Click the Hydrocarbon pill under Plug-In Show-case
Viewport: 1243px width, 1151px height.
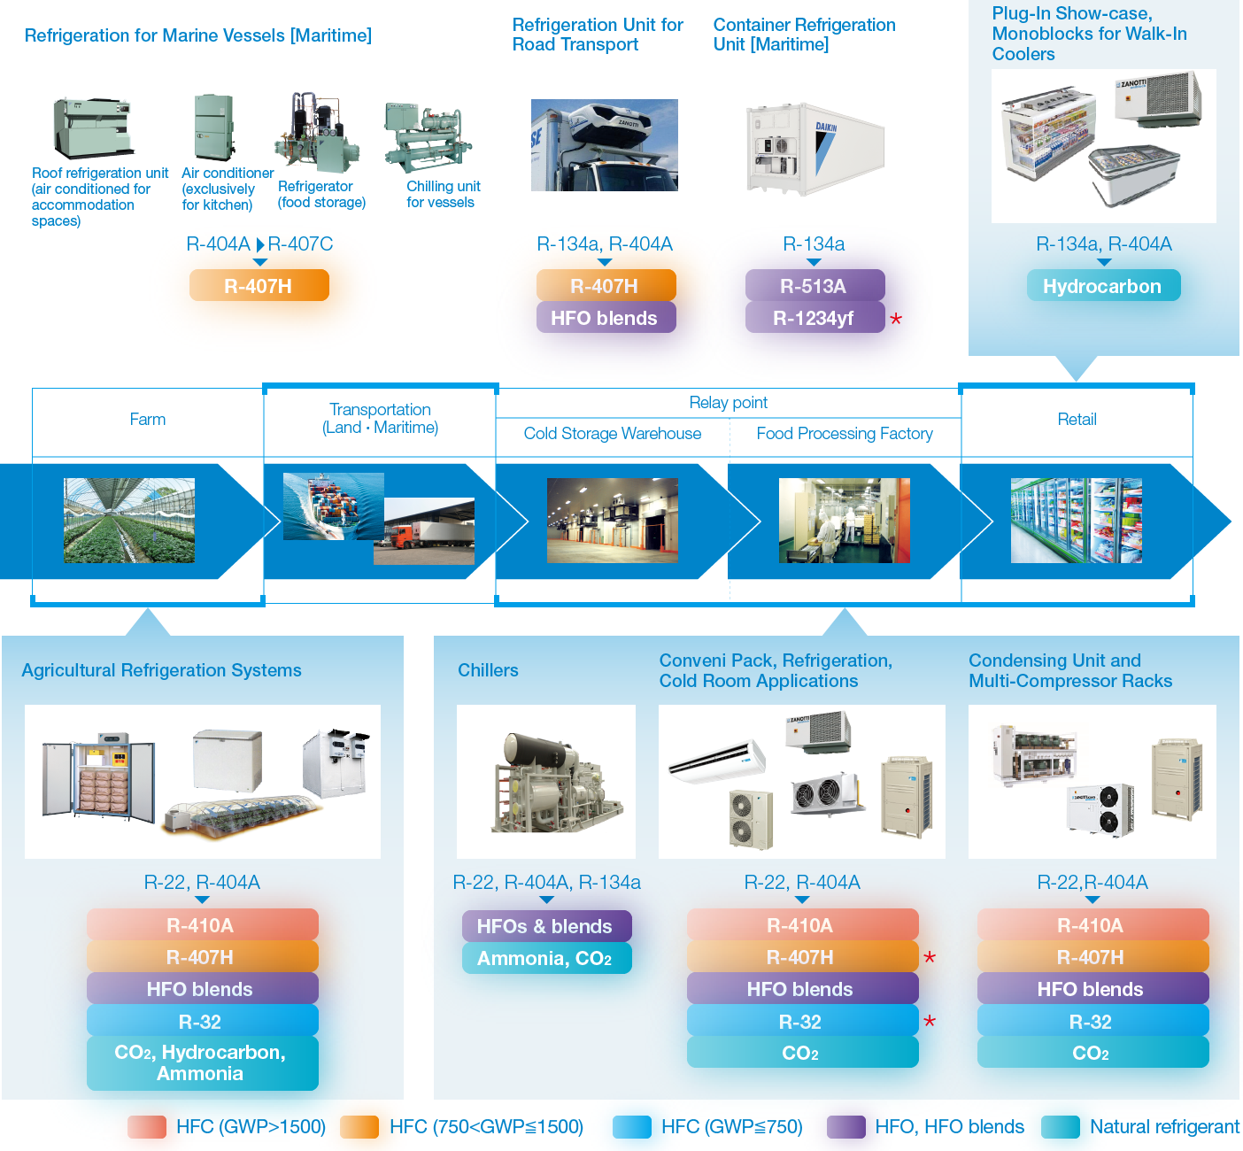1102,286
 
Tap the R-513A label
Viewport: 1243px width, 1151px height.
814,286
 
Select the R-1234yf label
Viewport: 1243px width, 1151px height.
814,318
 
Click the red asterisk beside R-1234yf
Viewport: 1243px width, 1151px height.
896,319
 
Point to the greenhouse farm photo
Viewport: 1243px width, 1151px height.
129,521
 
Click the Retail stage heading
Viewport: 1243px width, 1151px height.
1077,420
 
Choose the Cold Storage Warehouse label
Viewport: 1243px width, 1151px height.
612,434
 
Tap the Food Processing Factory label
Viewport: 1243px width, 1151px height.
845,434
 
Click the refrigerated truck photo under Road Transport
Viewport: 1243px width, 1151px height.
604,145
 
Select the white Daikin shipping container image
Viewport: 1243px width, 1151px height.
815,148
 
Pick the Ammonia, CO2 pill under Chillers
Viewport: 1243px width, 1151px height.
546,958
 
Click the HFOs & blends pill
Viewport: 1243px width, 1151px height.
546,926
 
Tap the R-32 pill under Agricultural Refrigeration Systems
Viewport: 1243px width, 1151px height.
201,1022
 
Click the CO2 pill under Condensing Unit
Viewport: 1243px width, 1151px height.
1092,1053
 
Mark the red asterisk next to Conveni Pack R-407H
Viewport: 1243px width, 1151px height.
930,958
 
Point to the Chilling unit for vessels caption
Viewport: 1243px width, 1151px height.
443,194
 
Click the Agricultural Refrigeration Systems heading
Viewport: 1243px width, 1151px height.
161,670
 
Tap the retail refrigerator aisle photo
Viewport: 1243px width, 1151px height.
1076,521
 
